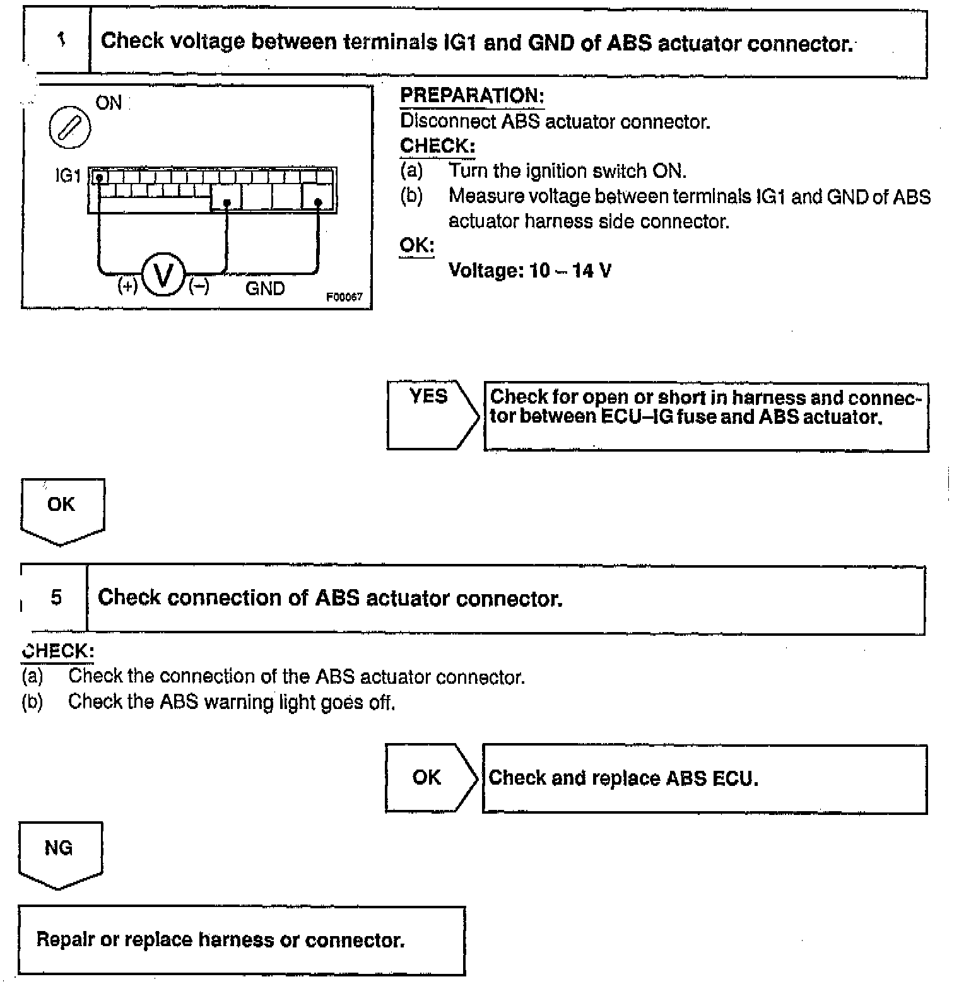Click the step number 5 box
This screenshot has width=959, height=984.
pos(56,597)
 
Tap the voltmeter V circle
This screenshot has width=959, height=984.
pos(163,275)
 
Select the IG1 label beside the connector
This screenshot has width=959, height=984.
pos(68,175)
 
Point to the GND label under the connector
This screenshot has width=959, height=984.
pos(265,288)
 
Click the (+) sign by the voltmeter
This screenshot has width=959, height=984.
pos(127,286)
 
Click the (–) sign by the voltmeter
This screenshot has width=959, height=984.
pos(199,286)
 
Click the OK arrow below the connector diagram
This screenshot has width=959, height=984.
pos(62,508)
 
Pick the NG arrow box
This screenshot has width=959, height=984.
pos(59,852)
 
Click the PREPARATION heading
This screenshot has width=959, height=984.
pos(472,96)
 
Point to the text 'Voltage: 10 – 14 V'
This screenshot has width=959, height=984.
pos(529,271)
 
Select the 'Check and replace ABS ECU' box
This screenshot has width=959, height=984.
pos(704,778)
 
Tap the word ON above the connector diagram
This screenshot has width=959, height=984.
pos(109,103)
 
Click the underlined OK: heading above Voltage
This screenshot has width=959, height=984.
pos(416,245)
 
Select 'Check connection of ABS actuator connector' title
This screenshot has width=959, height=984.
pos(330,598)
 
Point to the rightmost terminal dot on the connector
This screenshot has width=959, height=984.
pos(318,202)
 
